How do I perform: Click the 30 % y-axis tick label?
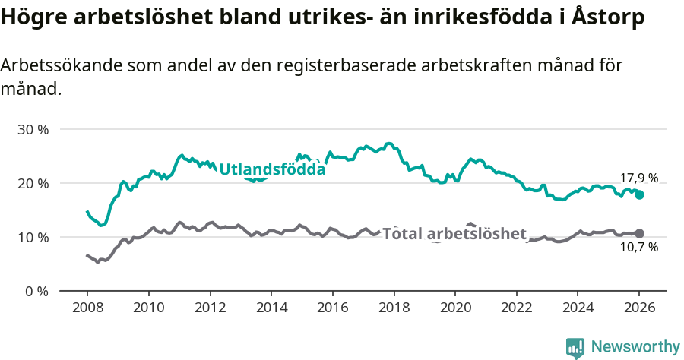click(x=33, y=129)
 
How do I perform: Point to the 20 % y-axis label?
click(x=33, y=183)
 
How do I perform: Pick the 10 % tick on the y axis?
click(x=33, y=237)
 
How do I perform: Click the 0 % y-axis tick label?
click(x=36, y=291)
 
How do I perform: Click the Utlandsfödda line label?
click(x=272, y=169)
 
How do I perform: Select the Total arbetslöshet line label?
click(x=454, y=233)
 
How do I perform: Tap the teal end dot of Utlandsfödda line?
click(x=640, y=194)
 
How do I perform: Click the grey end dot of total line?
click(x=640, y=233)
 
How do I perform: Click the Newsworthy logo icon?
click(x=575, y=347)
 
